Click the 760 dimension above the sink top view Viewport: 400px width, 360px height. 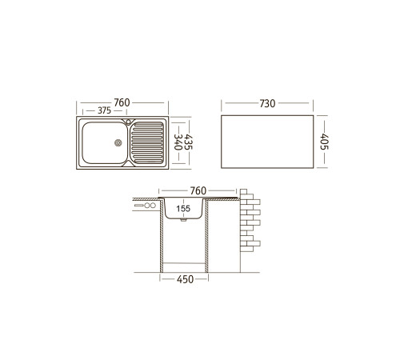pos(122,102)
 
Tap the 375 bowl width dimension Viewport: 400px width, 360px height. pos(104,110)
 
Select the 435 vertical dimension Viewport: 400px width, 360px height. pos(188,142)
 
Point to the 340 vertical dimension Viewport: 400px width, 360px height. pos(178,142)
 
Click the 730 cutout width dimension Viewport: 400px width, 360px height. pos(267,103)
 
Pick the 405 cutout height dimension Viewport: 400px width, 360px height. pos(324,142)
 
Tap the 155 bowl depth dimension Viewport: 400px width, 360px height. pos(183,209)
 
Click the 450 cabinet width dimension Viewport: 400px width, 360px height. pos(185,279)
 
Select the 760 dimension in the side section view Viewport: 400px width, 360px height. pos(198,190)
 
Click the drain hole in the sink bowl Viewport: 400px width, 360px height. pos(118,143)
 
